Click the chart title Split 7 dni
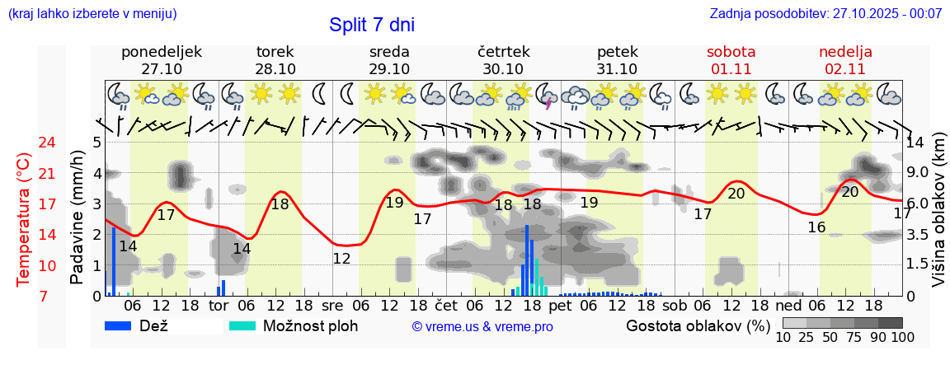[371, 25]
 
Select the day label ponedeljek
[162, 52]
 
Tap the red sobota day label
[731, 52]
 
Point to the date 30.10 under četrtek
[503, 69]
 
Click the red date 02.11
[845, 69]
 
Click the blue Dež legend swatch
[125, 325]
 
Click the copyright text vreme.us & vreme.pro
[482, 327]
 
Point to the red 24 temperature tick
[24, 143]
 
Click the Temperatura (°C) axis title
[24, 220]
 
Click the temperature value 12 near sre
[341, 259]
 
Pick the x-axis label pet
[560, 306]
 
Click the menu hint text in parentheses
[92, 13]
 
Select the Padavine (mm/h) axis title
[78, 217]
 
